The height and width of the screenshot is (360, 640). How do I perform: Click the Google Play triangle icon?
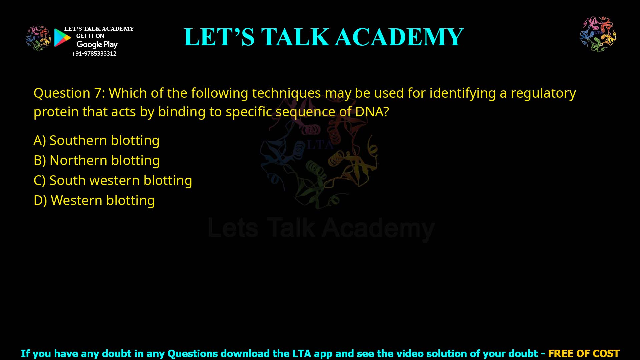point(62,38)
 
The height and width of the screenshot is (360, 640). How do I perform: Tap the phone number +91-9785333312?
point(94,54)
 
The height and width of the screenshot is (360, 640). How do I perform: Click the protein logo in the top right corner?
point(598,34)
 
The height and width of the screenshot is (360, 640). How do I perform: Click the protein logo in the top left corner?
point(38,38)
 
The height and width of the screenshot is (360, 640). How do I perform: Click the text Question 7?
point(69,93)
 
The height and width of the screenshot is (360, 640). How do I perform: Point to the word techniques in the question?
point(286,93)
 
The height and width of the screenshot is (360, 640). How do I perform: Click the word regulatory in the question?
point(543,93)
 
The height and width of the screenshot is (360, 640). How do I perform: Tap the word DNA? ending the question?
point(372,112)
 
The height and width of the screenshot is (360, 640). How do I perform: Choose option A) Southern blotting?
point(97,141)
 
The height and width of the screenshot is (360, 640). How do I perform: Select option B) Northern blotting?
point(97,161)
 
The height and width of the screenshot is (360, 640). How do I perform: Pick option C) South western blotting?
point(113,181)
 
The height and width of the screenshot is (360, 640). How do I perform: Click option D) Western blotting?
point(94,201)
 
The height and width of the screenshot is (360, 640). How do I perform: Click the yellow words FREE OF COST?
point(583,353)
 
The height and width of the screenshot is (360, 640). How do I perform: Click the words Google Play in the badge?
point(97,45)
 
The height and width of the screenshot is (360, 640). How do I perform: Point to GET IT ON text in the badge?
point(90,36)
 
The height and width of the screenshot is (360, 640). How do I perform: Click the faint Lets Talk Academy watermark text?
point(321,229)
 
